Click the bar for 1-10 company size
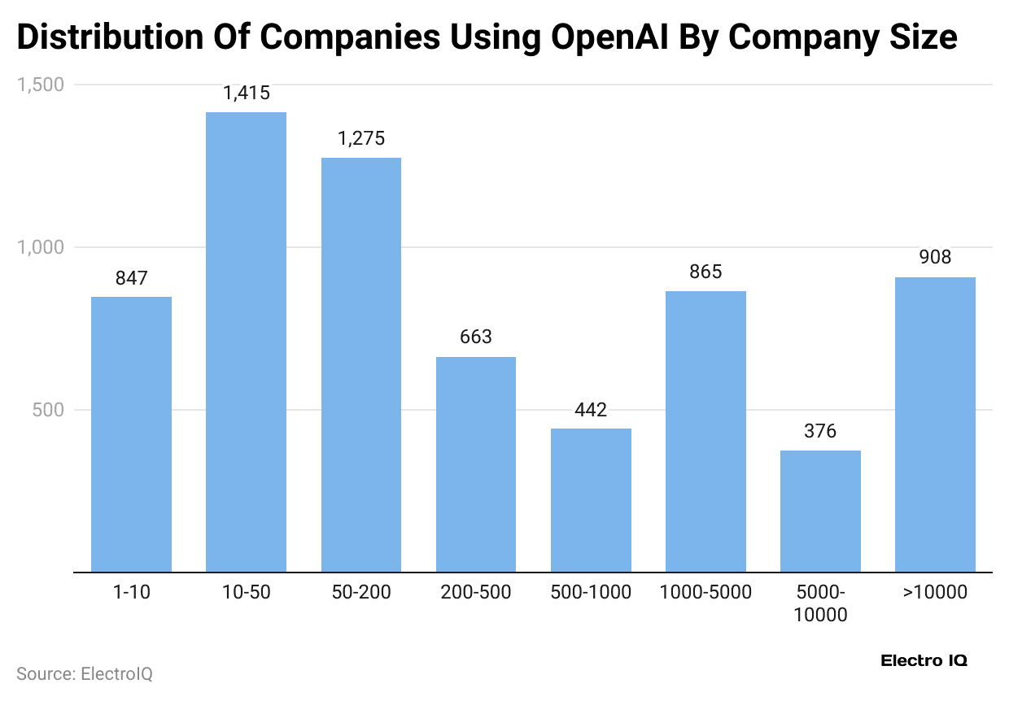pos(131,434)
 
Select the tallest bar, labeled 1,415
pos(246,342)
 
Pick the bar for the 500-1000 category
pos(591,500)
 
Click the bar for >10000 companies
pos(935,425)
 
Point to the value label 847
pos(131,279)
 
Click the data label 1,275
pos(361,139)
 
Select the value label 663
pos(476,337)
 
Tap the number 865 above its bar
pos(705,272)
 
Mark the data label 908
pos(935,258)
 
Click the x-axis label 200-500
pos(476,593)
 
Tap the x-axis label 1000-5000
pos(705,593)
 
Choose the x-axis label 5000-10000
pos(820,603)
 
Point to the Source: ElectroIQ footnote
pos(85,674)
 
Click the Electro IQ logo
pos(924,661)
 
